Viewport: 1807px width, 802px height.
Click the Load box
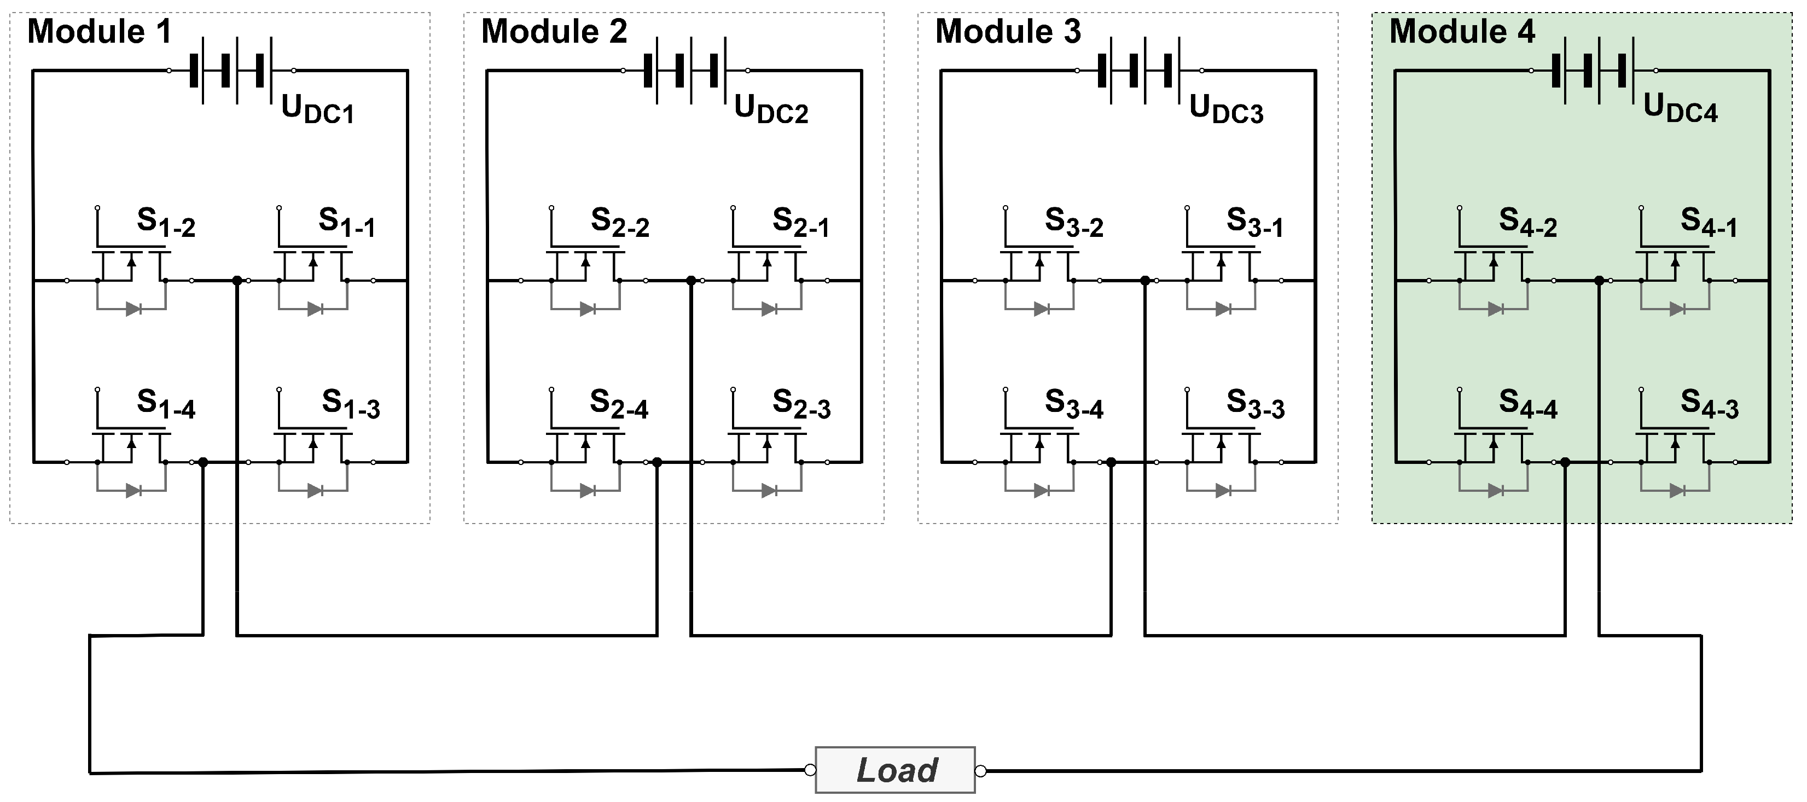[x=895, y=770]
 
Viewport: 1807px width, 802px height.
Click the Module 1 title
[x=99, y=32]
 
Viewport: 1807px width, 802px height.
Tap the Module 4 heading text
[x=1462, y=32]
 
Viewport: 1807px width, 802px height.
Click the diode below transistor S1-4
[x=133, y=491]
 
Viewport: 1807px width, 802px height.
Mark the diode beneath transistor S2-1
[x=769, y=309]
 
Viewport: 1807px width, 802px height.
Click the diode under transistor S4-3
[x=1677, y=491]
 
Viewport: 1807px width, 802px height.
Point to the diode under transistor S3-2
[x=1041, y=309]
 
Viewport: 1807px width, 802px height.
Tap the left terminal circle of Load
[x=810, y=770]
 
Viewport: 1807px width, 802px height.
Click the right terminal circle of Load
[x=981, y=771]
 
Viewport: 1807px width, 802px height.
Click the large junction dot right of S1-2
[x=237, y=281]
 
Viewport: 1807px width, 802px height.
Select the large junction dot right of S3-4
[x=1111, y=462]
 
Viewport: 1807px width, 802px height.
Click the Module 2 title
[x=554, y=32]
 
